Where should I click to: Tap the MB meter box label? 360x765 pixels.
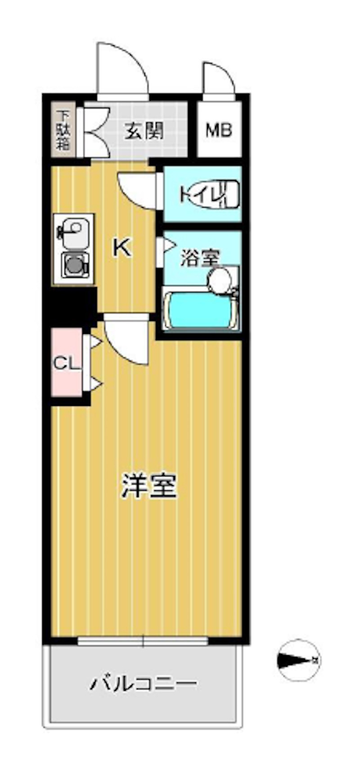[219, 130]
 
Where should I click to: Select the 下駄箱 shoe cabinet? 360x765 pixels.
[63, 130]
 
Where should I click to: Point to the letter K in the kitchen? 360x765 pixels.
[122, 247]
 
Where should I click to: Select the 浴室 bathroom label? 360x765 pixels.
[200, 258]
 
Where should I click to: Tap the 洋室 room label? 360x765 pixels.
[148, 486]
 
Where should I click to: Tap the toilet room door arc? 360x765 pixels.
[138, 189]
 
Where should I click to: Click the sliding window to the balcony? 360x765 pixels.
[143, 641]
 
